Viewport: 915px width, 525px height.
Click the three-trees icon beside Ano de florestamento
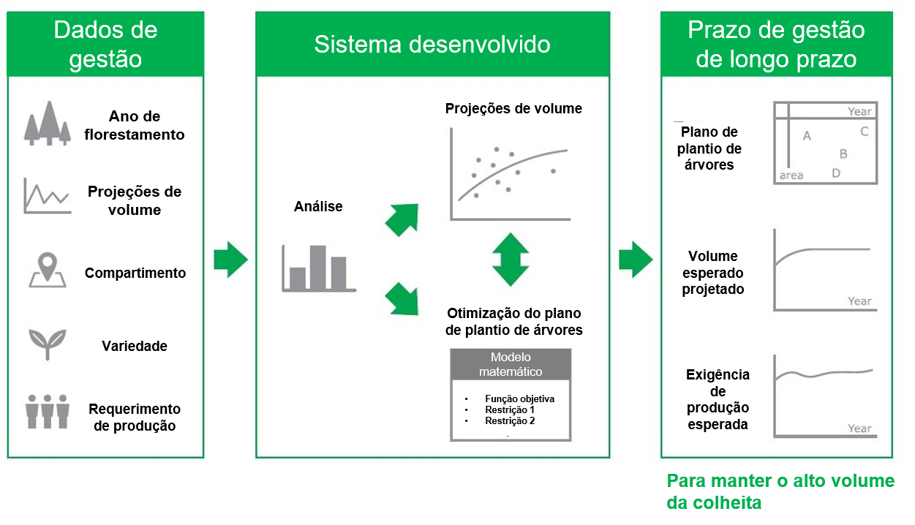pyautogui.click(x=48, y=123)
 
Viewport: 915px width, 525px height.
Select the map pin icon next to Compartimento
pyautogui.click(x=48, y=270)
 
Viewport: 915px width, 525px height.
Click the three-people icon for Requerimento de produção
pyautogui.click(x=48, y=412)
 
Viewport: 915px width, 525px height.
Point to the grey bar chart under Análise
pyautogui.click(x=318, y=269)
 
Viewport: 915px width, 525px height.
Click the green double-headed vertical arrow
pyautogui.click(x=510, y=259)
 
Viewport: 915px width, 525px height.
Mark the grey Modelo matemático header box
pyautogui.click(x=511, y=364)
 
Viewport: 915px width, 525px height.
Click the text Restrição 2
pyautogui.click(x=510, y=421)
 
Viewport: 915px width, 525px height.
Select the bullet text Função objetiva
pyautogui.click(x=519, y=399)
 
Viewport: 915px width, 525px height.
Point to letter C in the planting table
pyautogui.click(x=864, y=132)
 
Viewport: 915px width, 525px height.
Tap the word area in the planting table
pyautogui.click(x=791, y=175)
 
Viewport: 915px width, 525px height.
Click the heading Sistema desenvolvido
pyautogui.click(x=432, y=44)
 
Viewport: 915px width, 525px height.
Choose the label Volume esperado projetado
pyautogui.click(x=713, y=273)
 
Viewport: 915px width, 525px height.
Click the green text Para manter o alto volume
pyautogui.click(x=780, y=480)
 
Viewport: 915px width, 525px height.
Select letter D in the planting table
pyautogui.click(x=836, y=173)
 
